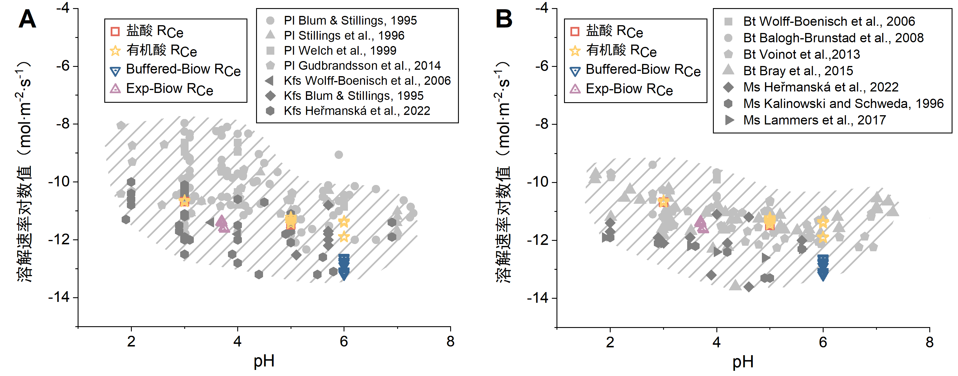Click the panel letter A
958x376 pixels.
pos(27,19)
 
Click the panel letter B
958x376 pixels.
pos(504,19)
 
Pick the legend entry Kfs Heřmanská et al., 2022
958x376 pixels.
pos(357,111)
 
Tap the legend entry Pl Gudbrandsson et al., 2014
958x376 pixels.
pos(362,66)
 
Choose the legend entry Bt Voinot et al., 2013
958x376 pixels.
pos(802,54)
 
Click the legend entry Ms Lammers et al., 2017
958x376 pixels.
pos(814,120)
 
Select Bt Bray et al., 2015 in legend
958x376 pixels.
pos(798,71)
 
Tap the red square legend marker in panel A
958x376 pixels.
pos(115,31)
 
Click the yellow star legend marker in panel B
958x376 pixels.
pos(575,51)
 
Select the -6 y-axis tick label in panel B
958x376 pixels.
pos(544,66)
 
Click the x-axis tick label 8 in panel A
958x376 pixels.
pos(450,341)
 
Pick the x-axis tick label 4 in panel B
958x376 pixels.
pos(716,342)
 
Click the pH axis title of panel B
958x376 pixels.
pos(743,362)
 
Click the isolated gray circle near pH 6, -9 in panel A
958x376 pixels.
pos(338,155)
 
